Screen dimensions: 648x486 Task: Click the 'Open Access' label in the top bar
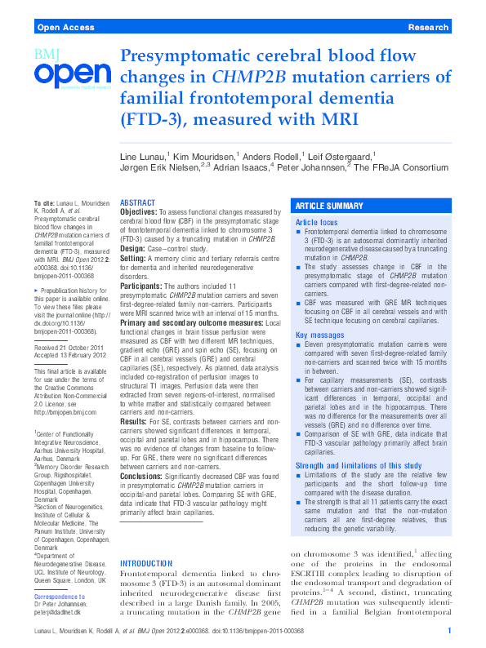click(x=63, y=27)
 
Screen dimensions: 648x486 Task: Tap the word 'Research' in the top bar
click(x=428, y=27)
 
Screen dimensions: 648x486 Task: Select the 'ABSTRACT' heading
click(x=139, y=202)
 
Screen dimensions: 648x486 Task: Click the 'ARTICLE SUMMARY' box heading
click(x=329, y=206)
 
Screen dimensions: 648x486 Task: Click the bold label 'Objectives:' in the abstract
click(x=139, y=211)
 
